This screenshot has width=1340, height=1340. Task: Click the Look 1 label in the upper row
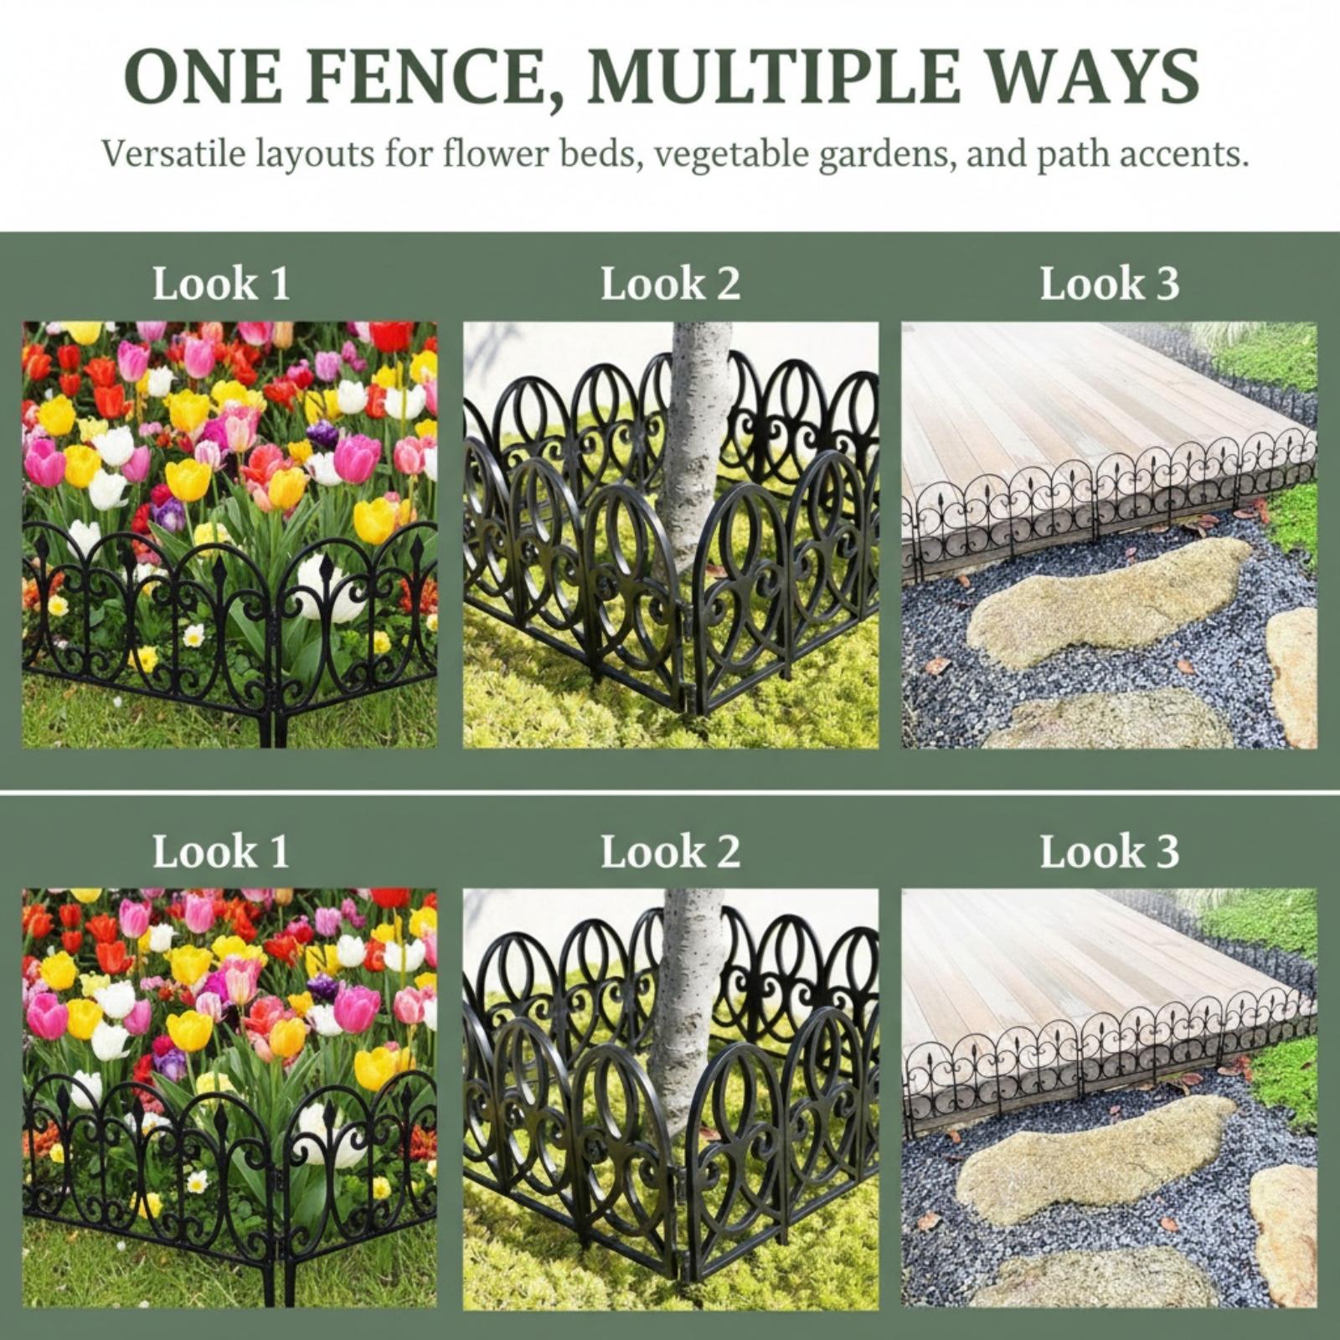click(221, 283)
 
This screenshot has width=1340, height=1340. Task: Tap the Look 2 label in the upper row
click(670, 283)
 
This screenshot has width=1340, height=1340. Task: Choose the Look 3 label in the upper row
click(1109, 283)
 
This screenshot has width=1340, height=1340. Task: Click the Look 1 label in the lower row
click(221, 851)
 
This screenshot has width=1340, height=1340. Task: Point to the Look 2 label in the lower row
click(670, 851)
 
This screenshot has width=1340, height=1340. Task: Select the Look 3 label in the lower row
click(1109, 851)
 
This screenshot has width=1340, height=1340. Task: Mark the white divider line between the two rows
click(670, 791)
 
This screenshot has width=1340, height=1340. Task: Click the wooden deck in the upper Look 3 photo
click(1080, 402)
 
